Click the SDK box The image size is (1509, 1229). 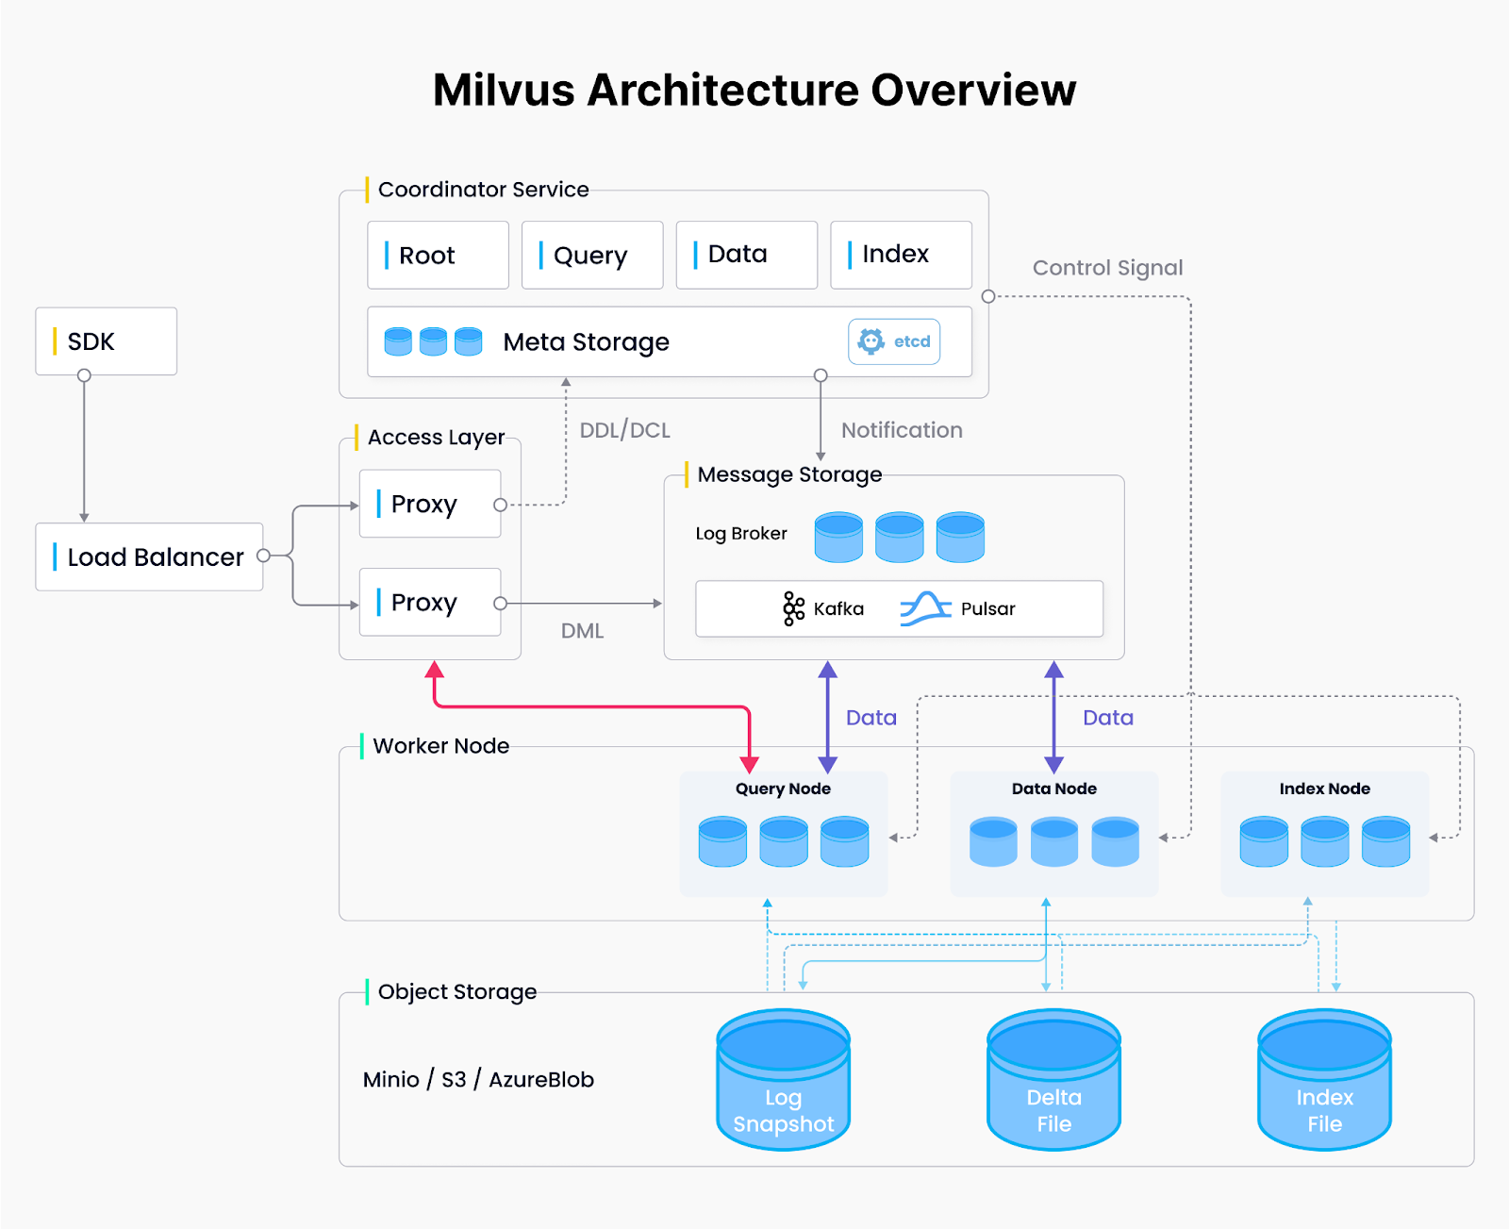106,341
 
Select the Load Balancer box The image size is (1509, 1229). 149,557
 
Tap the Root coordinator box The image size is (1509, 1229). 438,256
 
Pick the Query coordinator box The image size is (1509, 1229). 592,256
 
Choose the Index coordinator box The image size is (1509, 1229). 901,255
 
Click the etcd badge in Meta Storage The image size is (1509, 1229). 894,341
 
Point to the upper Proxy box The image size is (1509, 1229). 430,505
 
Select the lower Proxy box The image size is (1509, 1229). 430,603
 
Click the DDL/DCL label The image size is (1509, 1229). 624,431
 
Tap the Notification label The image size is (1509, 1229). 902,431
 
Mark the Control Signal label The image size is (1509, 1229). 1107,268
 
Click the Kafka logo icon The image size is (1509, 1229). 793,608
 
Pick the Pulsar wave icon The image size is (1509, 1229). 925,608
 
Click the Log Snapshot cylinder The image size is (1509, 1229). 783,1080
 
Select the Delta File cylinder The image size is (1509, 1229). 1053,1080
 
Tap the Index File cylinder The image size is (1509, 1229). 1324,1080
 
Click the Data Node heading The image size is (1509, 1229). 1053,789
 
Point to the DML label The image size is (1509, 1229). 582,631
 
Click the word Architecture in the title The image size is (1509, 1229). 722,91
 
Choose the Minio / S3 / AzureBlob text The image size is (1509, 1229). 478,1080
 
